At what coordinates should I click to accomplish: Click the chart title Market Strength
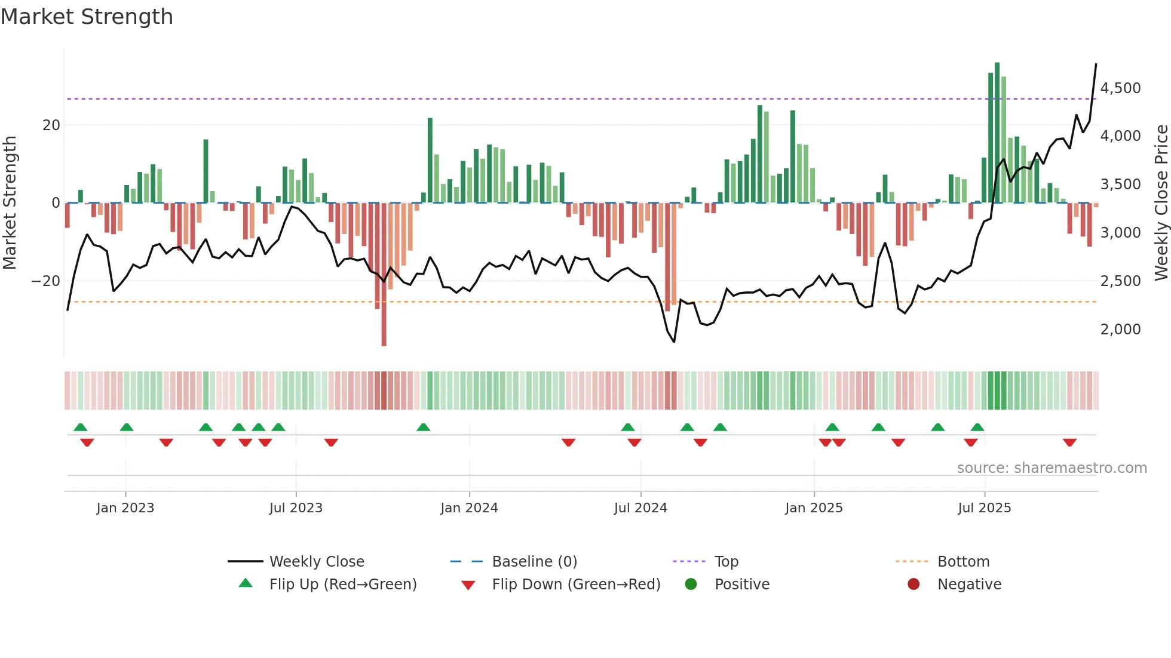click(87, 17)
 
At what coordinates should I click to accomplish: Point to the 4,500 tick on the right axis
click(1120, 88)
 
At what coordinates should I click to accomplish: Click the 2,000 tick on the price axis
click(1120, 330)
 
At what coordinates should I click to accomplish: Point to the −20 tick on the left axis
click(46, 281)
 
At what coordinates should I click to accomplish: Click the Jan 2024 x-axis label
click(469, 508)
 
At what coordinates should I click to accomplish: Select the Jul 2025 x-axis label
click(984, 508)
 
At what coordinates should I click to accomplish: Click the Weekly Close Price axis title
click(1161, 203)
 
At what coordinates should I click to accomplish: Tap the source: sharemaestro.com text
click(1052, 468)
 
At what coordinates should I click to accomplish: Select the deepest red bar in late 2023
click(384, 275)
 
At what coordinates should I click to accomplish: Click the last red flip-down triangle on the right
click(1069, 442)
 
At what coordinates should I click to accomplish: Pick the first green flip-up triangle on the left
click(80, 427)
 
